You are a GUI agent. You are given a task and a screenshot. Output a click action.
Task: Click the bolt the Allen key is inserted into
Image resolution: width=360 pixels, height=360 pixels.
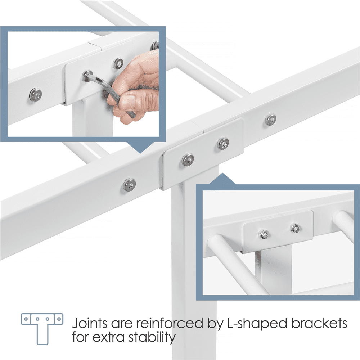[x=87, y=76]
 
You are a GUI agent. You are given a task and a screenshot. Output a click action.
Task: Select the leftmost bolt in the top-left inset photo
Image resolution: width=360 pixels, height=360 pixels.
[x=36, y=94]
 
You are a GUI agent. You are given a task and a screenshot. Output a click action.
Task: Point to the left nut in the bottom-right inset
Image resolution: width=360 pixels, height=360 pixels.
[x=263, y=234]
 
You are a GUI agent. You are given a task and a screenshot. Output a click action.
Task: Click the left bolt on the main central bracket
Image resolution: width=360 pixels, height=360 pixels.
[x=188, y=159]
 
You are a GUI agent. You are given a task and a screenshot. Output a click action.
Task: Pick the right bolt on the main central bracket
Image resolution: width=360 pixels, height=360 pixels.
[x=223, y=144]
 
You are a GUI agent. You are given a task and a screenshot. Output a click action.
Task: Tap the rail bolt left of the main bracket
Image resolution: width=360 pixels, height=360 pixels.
[x=129, y=185]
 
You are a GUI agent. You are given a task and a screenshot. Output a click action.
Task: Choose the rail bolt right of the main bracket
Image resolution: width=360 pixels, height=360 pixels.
[x=271, y=120]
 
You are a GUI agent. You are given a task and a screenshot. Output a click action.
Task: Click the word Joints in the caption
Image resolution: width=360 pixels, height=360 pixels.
[x=90, y=323]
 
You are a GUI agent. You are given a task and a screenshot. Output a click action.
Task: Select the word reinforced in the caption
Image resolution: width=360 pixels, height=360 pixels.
[x=170, y=323]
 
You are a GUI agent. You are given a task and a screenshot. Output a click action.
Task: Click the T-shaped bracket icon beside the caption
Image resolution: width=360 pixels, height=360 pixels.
[x=42, y=329]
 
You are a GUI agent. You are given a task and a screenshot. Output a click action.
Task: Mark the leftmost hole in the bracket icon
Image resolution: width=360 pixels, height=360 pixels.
[x=26, y=319]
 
